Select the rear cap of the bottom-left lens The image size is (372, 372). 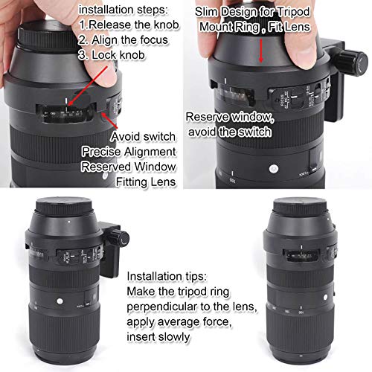tap(62, 210)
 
